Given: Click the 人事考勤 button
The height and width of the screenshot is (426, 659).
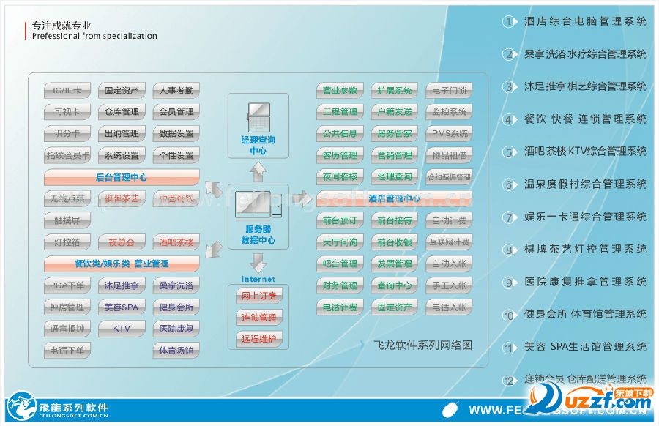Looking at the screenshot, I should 176,91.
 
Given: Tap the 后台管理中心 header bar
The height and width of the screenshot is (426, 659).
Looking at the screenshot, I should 122,177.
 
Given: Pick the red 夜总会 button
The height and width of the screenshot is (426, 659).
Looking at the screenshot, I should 122,242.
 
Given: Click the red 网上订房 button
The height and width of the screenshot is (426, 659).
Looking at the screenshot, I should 258,296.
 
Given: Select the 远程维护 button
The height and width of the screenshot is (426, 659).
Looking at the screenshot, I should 258,339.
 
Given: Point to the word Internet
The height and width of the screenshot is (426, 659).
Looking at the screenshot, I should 258,279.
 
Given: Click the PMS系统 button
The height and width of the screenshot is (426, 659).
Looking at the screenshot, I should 449,134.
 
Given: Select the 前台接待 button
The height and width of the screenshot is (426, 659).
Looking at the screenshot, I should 395,220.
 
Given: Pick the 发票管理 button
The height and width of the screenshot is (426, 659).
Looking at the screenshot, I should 395,264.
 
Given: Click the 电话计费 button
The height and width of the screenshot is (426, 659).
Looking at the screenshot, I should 340,307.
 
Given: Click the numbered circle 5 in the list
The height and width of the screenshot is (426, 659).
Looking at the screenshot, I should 510,152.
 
